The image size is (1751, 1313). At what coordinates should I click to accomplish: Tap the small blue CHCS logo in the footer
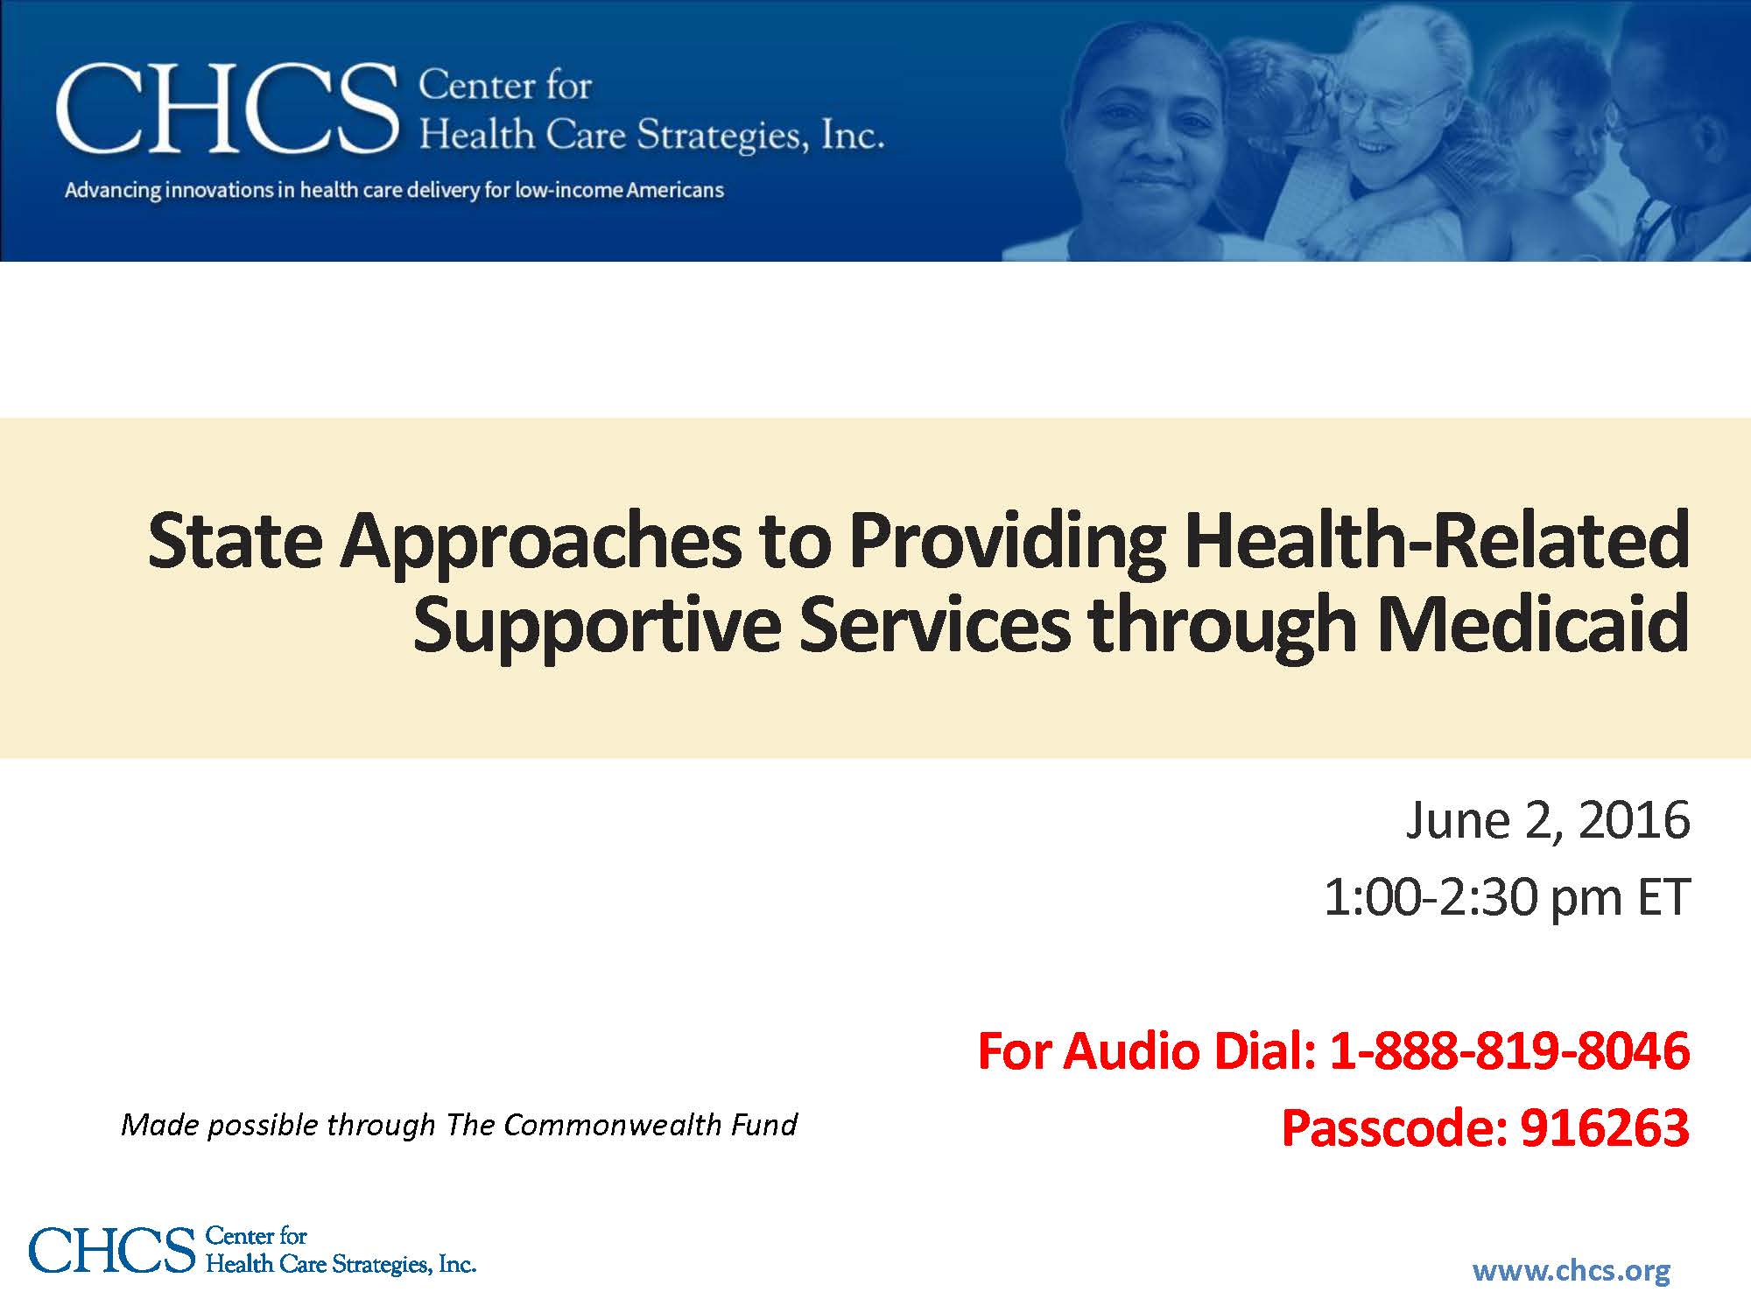pyautogui.click(x=252, y=1249)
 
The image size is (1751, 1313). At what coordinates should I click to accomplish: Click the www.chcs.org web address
pyautogui.click(x=1572, y=1270)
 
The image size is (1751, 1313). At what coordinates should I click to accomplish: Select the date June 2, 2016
pyautogui.click(x=1548, y=821)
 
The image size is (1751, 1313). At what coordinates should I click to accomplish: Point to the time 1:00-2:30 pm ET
pyautogui.click(x=1506, y=897)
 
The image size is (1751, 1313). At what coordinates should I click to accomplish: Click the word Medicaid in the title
pyautogui.click(x=1533, y=623)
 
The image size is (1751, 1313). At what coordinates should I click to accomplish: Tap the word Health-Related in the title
pyautogui.click(x=1437, y=540)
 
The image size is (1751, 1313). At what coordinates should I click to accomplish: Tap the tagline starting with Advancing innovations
pyautogui.click(x=394, y=190)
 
